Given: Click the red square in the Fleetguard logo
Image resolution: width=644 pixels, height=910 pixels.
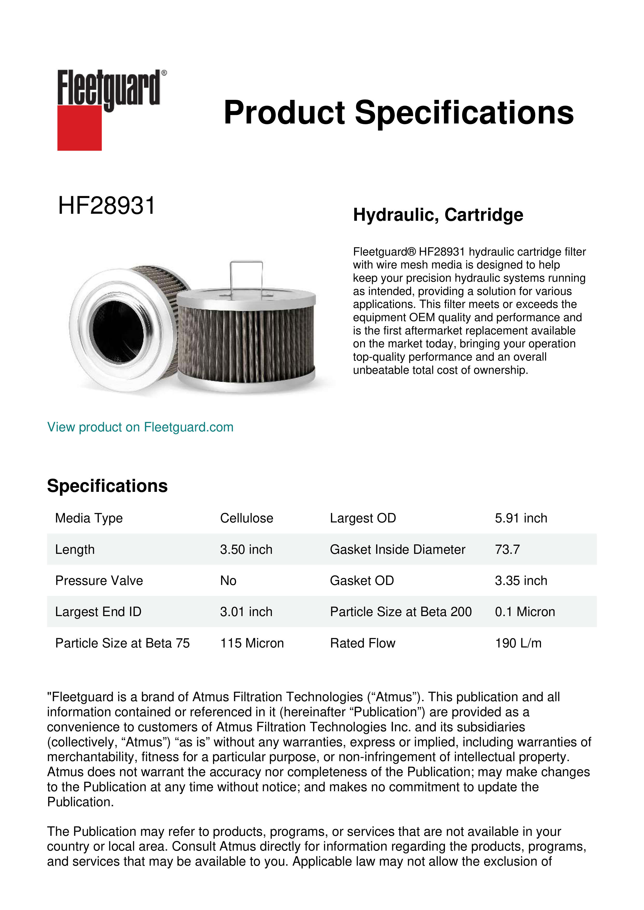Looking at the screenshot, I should [x=79, y=128].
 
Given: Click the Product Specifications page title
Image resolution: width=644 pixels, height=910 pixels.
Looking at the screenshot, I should [x=398, y=113].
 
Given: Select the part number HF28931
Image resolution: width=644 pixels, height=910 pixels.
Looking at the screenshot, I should [x=106, y=206].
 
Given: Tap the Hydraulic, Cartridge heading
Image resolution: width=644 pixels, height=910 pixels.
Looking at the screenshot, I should [x=438, y=215].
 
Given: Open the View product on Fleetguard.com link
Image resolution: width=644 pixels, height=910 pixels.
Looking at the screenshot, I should [x=140, y=427].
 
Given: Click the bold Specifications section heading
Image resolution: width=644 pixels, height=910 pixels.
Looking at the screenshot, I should [x=107, y=486].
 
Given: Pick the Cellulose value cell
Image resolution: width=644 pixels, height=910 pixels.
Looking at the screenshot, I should [x=246, y=518].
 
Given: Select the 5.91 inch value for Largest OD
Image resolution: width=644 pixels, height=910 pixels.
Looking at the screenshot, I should [x=521, y=518].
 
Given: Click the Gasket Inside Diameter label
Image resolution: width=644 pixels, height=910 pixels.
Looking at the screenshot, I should [x=397, y=549].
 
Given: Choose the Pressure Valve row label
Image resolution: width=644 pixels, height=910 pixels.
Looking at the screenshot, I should [x=99, y=580].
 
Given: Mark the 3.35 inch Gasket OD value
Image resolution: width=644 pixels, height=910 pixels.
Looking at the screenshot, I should [x=521, y=580].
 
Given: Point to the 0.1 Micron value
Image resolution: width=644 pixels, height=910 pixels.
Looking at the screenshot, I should [x=525, y=612].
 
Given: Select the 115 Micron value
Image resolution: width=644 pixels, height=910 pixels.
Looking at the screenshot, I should [x=252, y=643].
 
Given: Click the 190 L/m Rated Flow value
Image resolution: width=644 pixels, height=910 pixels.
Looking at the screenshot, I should [x=518, y=643].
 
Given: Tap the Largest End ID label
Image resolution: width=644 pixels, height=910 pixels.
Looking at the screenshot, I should [x=98, y=612].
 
